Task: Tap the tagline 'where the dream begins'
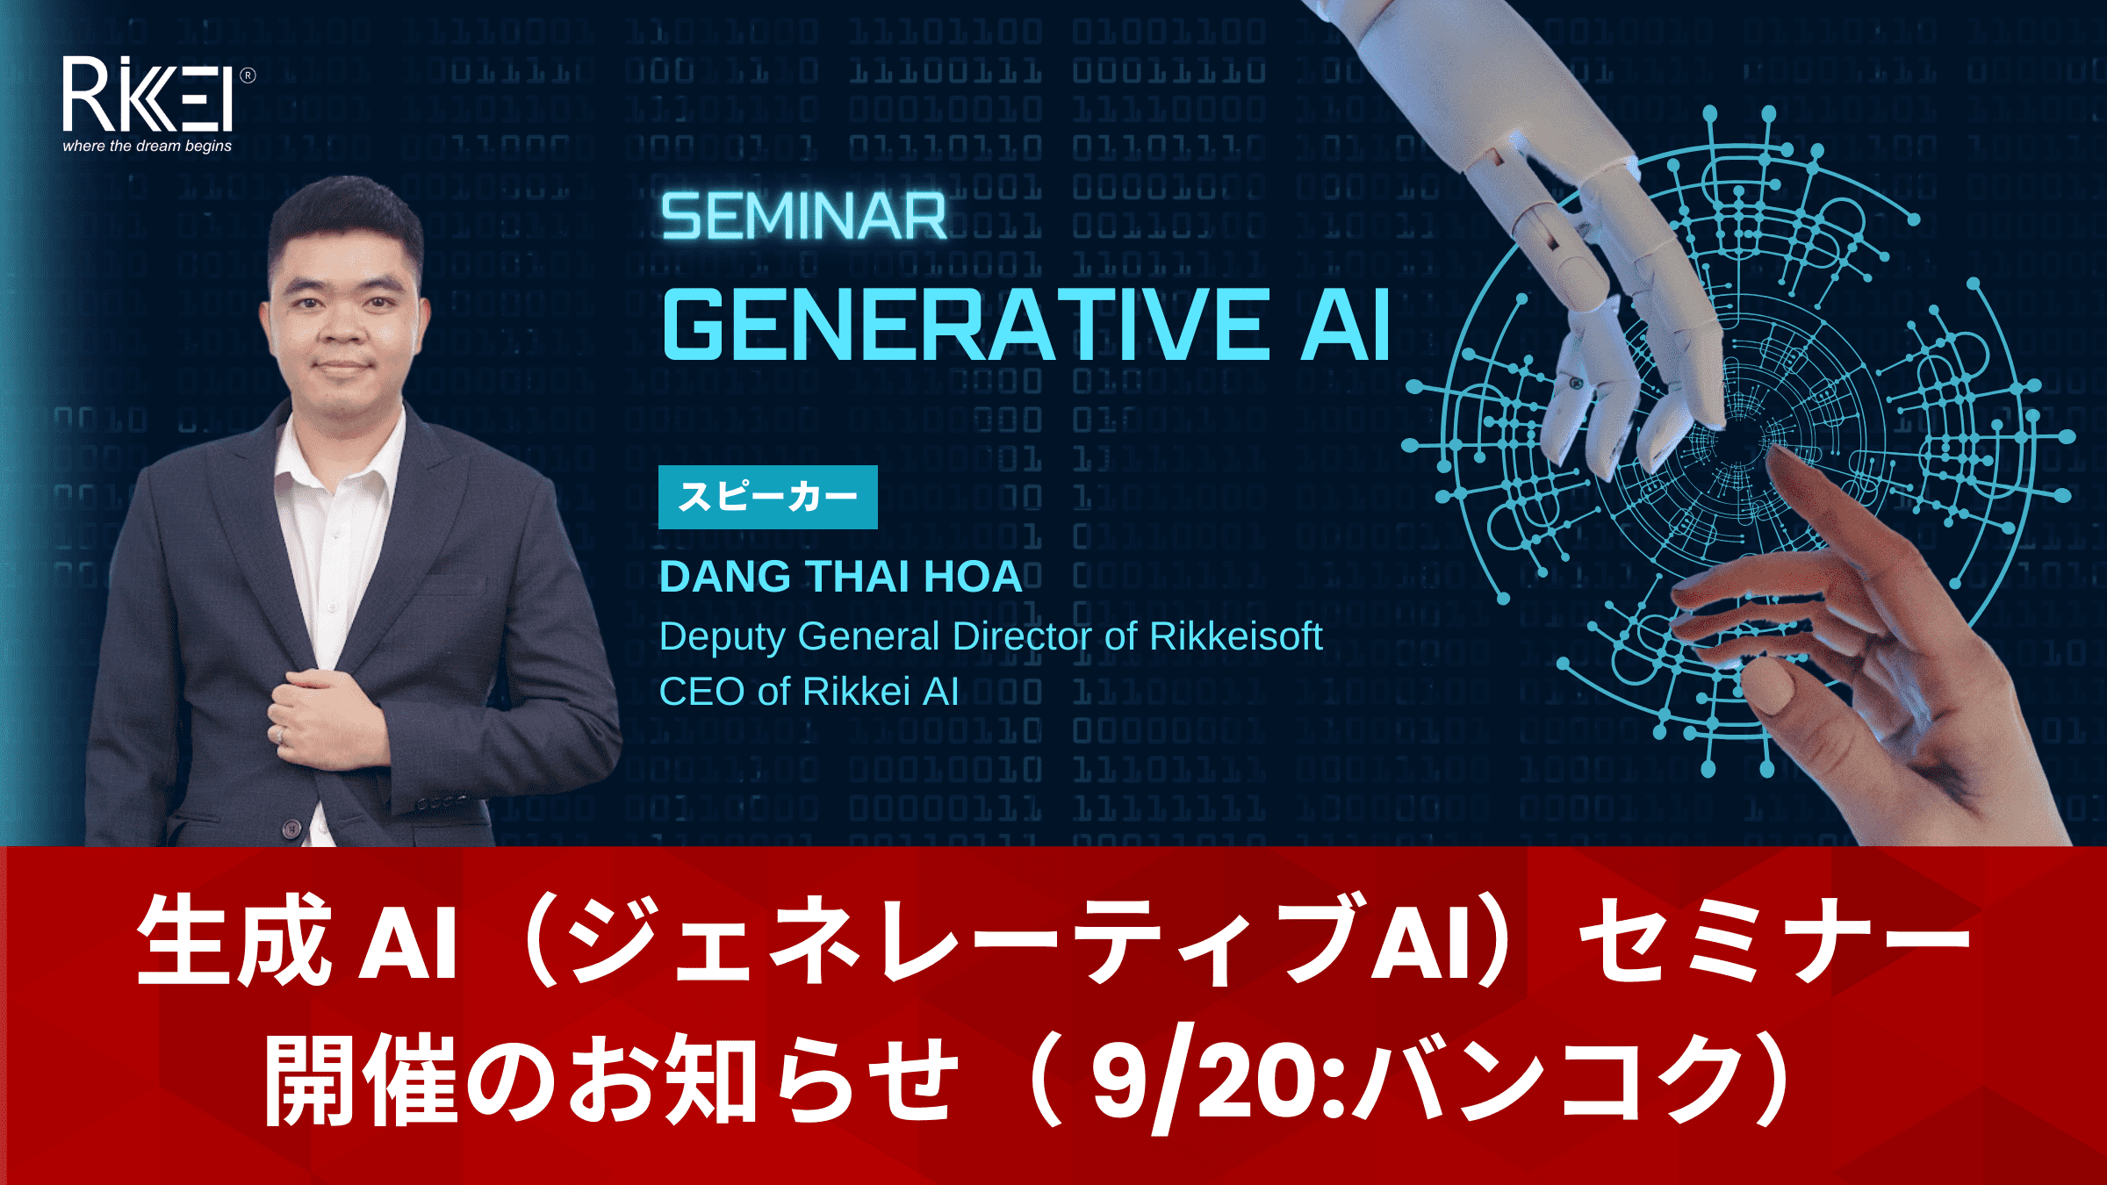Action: [x=147, y=146]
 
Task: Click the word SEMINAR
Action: [x=804, y=217]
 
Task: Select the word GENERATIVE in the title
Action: [x=967, y=326]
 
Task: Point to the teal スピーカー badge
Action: [x=768, y=497]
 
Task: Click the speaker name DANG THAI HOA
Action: [x=841, y=577]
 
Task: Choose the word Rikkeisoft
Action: [x=1236, y=636]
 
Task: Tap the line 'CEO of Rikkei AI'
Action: [x=809, y=692]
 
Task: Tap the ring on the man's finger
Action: [x=281, y=736]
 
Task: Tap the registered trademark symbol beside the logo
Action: [x=248, y=75]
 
